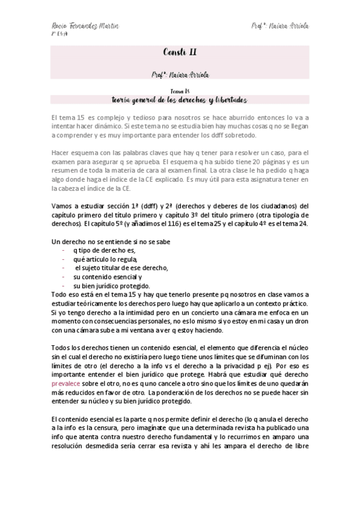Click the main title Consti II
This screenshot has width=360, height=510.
[179, 52]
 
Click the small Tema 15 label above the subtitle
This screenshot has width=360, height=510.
[179, 90]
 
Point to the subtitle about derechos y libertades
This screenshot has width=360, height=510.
[179, 99]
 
